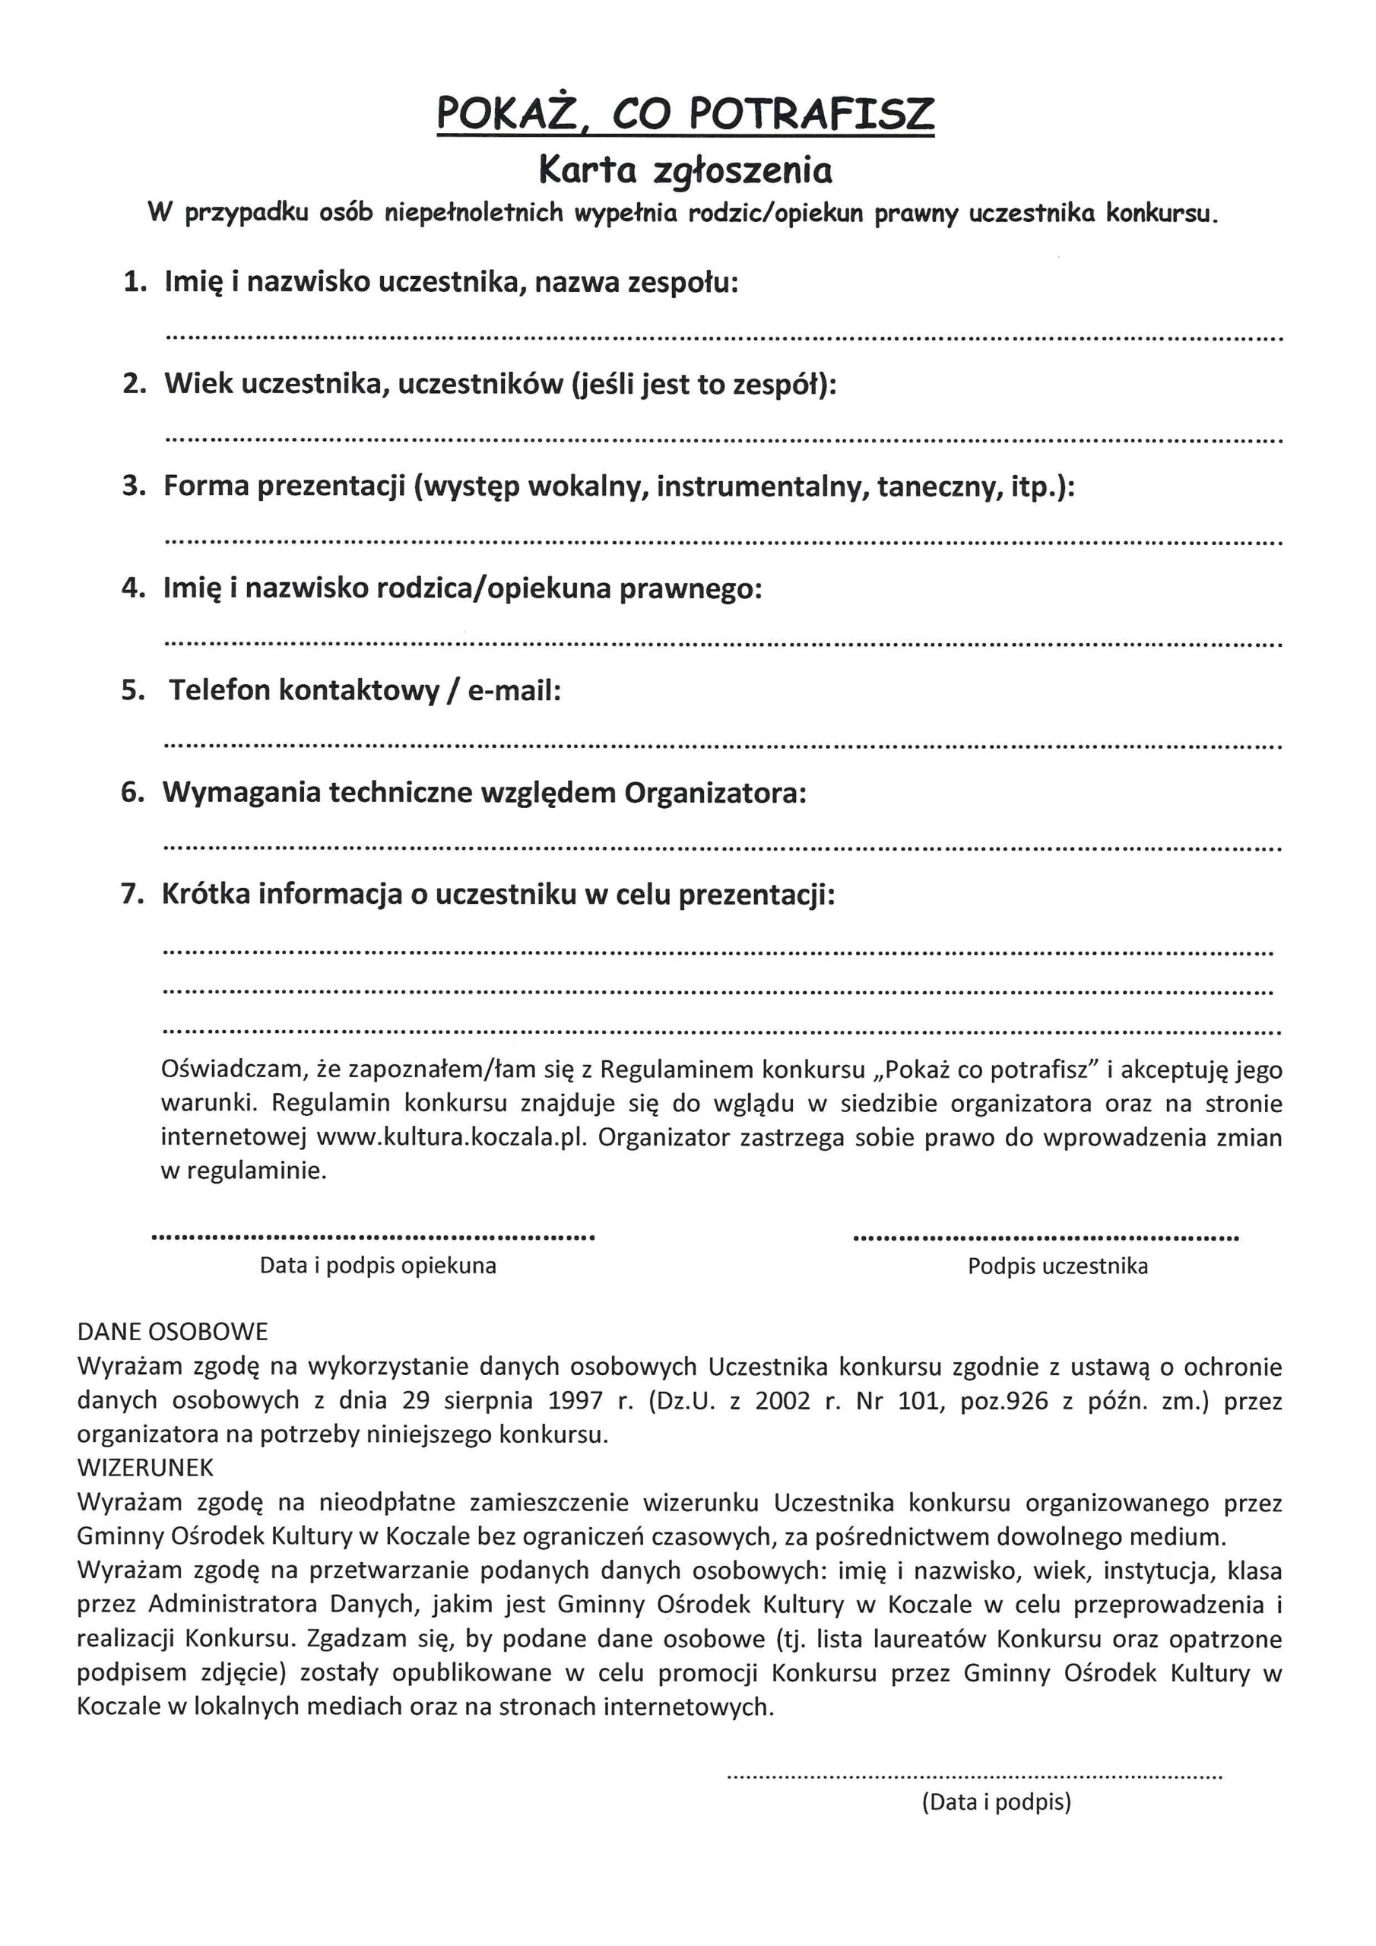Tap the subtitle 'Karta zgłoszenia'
point(685,171)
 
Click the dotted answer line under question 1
point(724,338)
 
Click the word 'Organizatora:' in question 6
point(715,793)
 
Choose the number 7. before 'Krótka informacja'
point(133,894)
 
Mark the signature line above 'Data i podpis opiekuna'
point(373,1238)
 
